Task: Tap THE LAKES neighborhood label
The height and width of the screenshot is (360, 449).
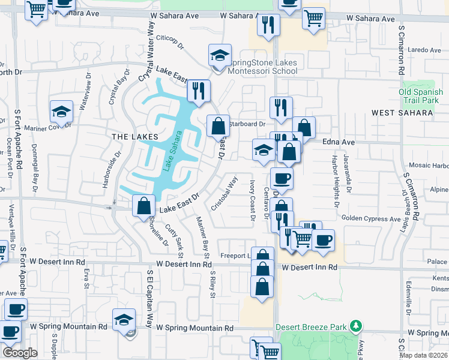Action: tap(135, 137)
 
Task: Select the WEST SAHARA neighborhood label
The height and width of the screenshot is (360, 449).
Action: tap(402, 112)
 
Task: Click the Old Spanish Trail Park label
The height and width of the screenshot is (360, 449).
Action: tap(421, 96)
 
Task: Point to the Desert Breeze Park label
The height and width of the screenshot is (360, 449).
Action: tap(312, 327)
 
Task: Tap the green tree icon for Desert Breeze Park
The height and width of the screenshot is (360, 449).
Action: tap(357, 326)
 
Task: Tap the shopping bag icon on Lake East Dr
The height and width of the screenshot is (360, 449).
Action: tap(143, 205)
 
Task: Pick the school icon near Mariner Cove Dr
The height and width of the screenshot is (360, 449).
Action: tap(61, 112)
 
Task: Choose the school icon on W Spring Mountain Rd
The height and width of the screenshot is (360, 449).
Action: tap(123, 319)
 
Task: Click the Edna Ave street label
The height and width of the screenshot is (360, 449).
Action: tap(339, 142)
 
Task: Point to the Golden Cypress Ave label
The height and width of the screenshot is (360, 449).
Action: tap(371, 220)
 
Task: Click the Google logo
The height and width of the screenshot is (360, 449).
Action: tap(19, 353)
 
